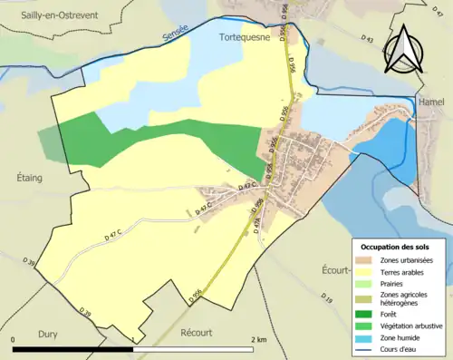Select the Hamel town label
coord(432,102)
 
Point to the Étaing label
coord(31,179)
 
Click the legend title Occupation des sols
coord(397,247)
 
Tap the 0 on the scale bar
coord(14,339)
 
